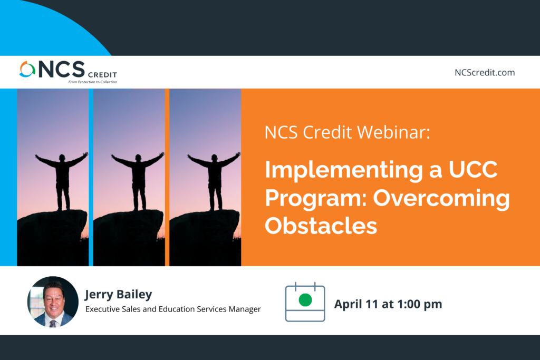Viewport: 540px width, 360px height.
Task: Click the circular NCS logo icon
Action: point(27,69)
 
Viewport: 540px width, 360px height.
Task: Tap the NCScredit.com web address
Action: point(485,73)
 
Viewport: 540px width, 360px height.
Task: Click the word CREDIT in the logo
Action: point(103,75)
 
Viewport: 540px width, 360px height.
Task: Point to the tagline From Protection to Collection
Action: point(93,82)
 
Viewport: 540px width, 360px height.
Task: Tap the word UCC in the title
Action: point(473,169)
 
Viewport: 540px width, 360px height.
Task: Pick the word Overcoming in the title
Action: point(441,199)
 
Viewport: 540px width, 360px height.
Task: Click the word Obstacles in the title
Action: point(321,226)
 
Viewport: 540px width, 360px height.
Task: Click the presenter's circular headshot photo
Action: point(53,301)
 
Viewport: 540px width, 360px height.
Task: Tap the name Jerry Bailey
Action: point(119,295)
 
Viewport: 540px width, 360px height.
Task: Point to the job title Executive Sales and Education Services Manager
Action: point(173,309)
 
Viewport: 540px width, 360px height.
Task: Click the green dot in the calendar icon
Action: point(305,300)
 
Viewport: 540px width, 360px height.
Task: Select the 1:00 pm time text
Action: point(420,304)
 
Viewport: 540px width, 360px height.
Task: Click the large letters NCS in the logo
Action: point(62,69)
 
